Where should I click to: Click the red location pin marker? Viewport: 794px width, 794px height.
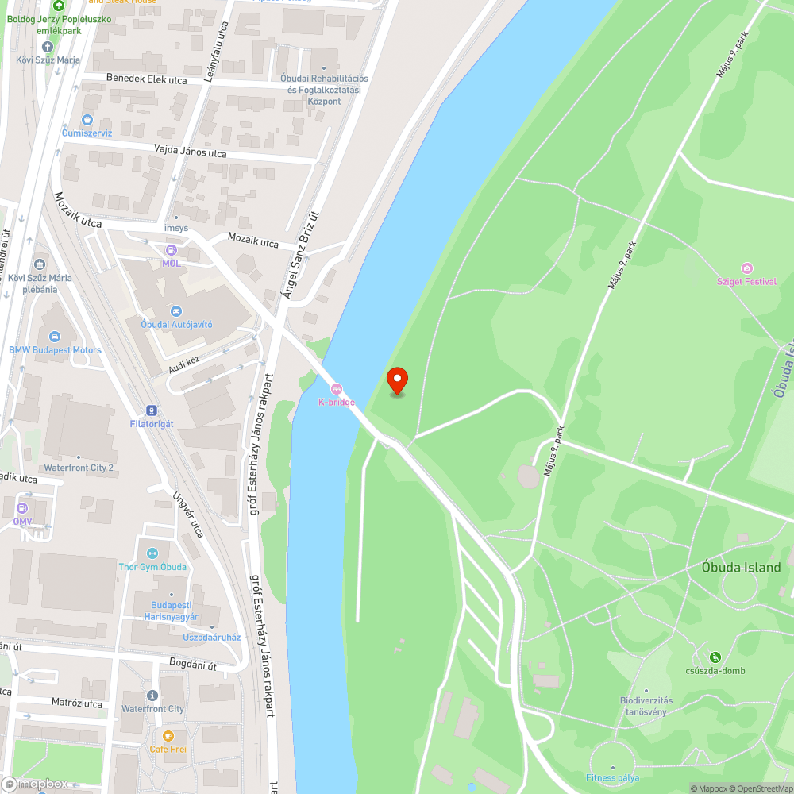[x=396, y=380]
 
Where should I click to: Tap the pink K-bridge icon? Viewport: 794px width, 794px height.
[x=337, y=389]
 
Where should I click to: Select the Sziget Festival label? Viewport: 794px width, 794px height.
[x=746, y=281]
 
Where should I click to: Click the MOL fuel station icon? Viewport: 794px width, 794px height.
[x=171, y=251]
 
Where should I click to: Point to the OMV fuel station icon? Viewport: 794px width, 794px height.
[x=22, y=508]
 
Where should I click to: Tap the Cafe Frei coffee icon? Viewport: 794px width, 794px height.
[x=168, y=735]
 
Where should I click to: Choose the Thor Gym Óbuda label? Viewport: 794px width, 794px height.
[x=152, y=566]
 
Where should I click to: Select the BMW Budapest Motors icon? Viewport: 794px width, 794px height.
[x=55, y=337]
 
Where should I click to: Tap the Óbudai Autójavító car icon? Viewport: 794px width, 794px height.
[x=176, y=310]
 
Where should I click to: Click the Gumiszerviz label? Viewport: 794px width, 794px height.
[x=87, y=133]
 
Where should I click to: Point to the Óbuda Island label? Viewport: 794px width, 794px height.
[x=741, y=568]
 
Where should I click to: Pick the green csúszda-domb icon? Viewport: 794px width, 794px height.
[x=715, y=657]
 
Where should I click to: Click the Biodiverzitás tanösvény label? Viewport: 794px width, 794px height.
[x=646, y=705]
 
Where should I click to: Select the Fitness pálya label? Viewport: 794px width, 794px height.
[x=612, y=777]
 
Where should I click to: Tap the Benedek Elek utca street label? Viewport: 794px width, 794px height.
[x=147, y=80]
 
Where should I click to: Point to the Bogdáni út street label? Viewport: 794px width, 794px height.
[x=193, y=665]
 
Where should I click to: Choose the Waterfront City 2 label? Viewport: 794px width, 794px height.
[x=79, y=468]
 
